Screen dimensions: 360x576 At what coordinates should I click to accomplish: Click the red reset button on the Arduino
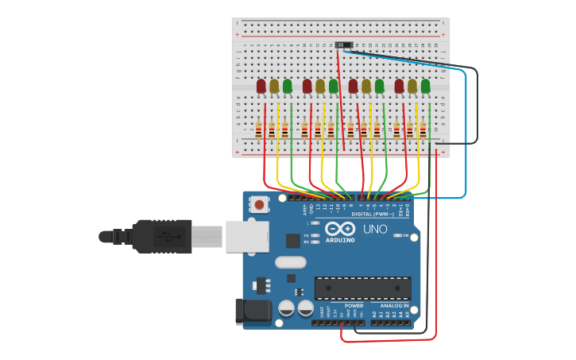[259, 204]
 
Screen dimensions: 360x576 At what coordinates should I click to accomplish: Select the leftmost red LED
[261, 86]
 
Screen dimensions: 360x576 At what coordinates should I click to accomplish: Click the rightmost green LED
[425, 86]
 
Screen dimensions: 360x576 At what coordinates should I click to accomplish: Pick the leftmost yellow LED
[274, 86]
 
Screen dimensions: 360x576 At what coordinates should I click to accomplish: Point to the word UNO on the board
[375, 230]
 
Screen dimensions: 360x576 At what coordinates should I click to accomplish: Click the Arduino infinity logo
[338, 228]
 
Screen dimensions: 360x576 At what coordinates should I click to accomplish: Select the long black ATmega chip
[362, 288]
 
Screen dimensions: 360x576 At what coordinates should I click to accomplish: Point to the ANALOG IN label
[393, 305]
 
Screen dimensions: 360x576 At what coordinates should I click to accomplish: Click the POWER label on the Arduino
[354, 305]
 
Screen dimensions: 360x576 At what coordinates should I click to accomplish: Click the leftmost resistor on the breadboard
[258, 130]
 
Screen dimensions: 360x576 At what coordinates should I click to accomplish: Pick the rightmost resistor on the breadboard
[423, 130]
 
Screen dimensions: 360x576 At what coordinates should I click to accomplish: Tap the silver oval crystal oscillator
[290, 262]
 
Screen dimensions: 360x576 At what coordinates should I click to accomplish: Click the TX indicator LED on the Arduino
[315, 235]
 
